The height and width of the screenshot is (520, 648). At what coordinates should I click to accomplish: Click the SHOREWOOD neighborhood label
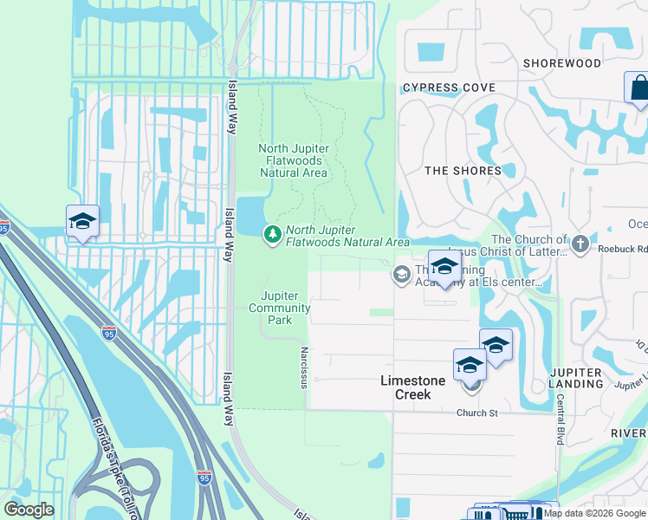tap(561, 63)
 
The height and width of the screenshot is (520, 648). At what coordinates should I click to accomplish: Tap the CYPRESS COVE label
tap(449, 88)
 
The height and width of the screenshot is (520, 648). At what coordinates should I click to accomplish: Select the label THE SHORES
tap(463, 171)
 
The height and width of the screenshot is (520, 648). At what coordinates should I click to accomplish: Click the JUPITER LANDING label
tap(575, 378)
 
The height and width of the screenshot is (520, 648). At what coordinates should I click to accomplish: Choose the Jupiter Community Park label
tap(279, 308)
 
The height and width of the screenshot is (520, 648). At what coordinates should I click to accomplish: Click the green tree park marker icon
tap(273, 233)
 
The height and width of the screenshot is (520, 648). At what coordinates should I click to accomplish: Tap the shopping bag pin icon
tap(638, 88)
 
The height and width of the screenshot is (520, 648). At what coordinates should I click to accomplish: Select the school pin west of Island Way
tap(82, 222)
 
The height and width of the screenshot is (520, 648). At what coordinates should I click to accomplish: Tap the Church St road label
tap(477, 413)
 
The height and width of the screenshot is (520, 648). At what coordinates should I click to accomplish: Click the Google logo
tap(29, 510)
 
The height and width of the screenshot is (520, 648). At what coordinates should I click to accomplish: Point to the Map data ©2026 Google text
tap(594, 513)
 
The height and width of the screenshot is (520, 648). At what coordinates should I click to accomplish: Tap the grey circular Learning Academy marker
tap(401, 275)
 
